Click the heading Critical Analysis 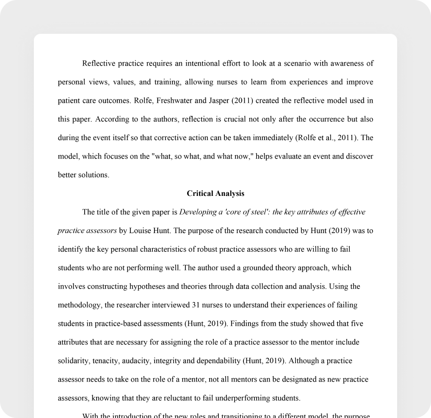pos(215,193)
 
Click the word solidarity pos(72,361)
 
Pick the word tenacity pos(105,361)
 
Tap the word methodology pos(78,305)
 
